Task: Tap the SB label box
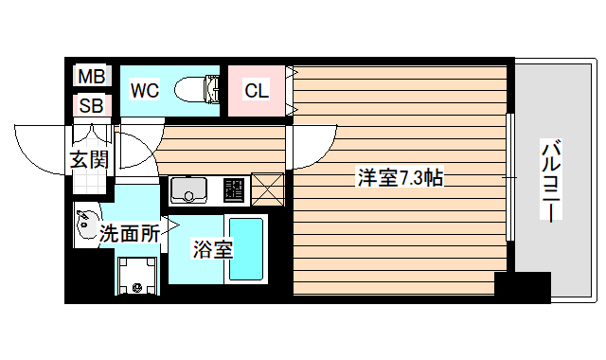[x=92, y=105]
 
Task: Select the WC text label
[x=145, y=91]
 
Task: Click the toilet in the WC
[x=199, y=90]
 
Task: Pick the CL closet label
[x=257, y=91]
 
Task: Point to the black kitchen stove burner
[x=233, y=190]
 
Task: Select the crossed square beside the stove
[x=268, y=190]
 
